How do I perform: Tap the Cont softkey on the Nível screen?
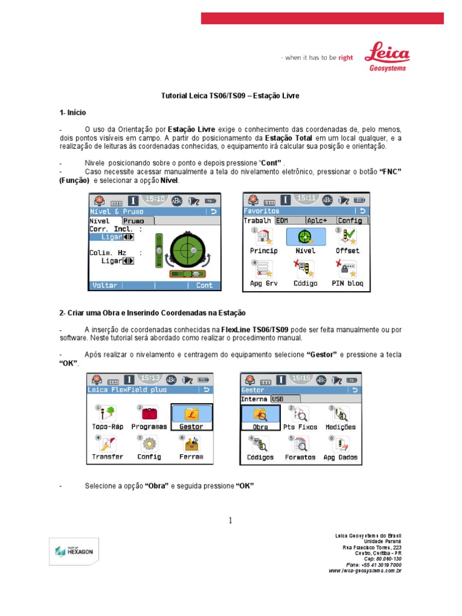coord(204,285)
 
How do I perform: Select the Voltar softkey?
coord(105,285)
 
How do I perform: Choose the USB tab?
coord(277,398)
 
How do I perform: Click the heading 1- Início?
coord(73,112)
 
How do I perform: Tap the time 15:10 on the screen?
coord(155,199)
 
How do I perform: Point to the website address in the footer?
coord(365,570)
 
